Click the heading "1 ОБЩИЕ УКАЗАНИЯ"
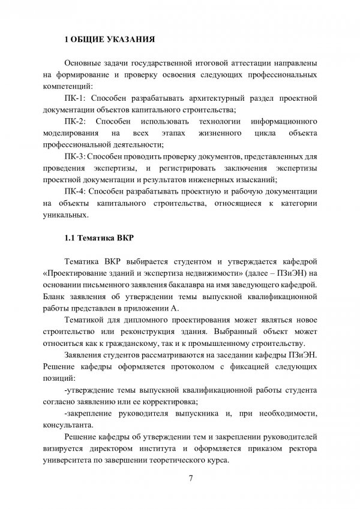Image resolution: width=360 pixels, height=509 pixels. tap(110, 40)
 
